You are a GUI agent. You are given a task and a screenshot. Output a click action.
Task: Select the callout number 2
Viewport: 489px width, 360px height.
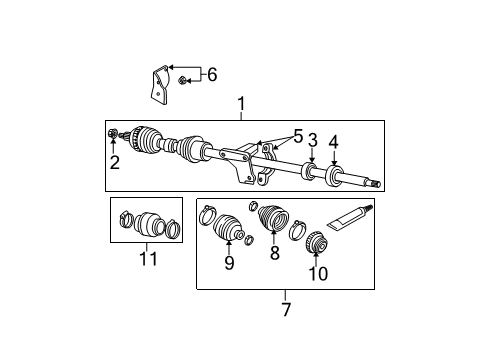(115, 163)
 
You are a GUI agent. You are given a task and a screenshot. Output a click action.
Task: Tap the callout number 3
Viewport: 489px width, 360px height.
(312, 140)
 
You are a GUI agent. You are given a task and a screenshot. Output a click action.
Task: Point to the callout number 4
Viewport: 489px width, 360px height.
(335, 140)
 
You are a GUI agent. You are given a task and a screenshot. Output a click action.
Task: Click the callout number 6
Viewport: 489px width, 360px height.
(210, 73)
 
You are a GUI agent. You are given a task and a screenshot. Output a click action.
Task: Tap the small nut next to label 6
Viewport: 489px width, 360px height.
(183, 79)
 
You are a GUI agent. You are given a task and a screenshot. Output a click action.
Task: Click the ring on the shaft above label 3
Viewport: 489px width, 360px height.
(311, 171)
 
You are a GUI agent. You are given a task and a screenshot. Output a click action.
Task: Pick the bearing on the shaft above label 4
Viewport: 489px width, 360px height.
(334, 175)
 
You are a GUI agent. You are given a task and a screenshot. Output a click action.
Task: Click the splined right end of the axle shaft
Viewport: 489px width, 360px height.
(374, 183)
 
